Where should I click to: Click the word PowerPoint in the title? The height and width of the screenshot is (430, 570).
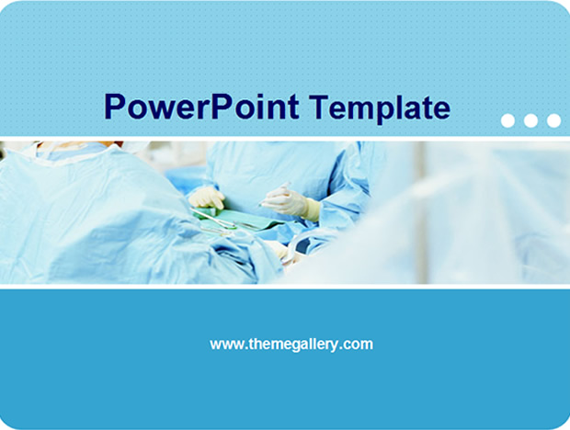tap(201, 107)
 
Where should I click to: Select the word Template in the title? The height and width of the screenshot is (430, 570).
tap(380, 108)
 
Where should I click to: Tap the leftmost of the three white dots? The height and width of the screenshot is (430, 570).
tap(507, 120)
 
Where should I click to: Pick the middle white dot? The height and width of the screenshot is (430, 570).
tap(530, 120)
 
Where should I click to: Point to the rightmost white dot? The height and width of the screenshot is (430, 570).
tap(553, 120)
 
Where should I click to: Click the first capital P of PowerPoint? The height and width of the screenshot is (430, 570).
tap(114, 107)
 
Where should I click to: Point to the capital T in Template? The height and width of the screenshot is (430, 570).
tap(320, 107)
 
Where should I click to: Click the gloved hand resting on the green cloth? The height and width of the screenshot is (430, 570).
tap(207, 198)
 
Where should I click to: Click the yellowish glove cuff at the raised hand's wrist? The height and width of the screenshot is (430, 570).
tap(312, 209)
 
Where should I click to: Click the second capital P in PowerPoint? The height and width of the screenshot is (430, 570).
tap(221, 107)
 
